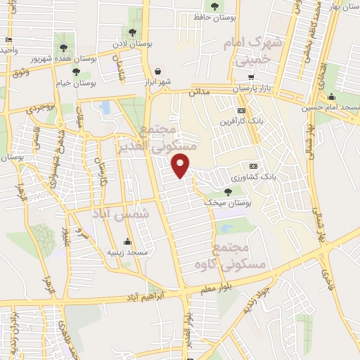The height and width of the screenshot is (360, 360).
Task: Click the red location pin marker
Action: [x=181, y=166]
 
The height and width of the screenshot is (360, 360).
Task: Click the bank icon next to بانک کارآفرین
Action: [x=242, y=110]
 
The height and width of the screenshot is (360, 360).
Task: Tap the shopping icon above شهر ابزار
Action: [x=157, y=71]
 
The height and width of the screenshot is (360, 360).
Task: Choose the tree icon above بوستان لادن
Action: [x=132, y=32]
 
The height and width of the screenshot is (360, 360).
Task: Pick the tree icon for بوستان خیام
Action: [x=76, y=72]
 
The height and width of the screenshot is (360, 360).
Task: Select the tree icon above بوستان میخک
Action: [x=227, y=191]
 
